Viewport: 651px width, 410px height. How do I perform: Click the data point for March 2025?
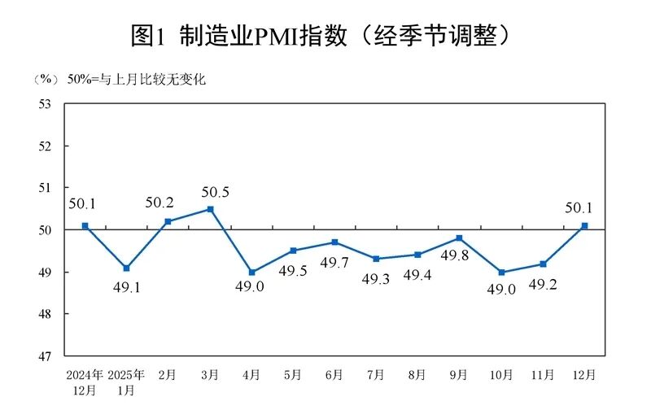[210, 209]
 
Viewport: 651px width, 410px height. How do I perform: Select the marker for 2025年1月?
[126, 268]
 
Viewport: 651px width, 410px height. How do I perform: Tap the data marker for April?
[251, 272]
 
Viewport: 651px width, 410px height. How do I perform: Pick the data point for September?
[460, 238]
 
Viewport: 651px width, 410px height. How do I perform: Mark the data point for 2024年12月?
[85, 225]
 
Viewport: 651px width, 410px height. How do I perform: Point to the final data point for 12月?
[585, 225]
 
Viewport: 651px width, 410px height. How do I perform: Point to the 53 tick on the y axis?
[46, 104]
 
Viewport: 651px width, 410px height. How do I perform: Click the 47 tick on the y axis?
[46, 356]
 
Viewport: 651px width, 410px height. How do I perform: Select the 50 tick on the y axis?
[46, 230]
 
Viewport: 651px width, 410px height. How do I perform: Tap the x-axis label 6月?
[334, 375]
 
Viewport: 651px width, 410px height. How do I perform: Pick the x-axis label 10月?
[501, 375]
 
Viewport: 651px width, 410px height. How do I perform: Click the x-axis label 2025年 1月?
[127, 382]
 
